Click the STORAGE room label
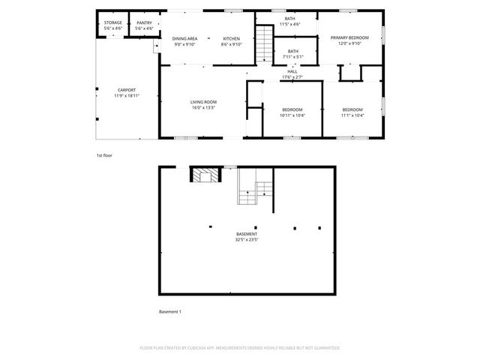112,23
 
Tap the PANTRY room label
144,23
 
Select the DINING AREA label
184,38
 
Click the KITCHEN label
231,38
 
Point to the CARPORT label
126,90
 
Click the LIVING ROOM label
202,102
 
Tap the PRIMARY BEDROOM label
349,37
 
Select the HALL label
292,71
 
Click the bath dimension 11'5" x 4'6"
289,25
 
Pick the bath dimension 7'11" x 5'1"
292,57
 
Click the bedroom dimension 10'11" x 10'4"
292,115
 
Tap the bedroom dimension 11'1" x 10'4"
352,115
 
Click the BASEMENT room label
246,234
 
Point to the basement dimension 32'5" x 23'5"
246,240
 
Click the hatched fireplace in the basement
205,175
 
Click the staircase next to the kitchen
264,45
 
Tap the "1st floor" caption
104,155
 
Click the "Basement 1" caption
169,311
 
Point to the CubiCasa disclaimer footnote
239,348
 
